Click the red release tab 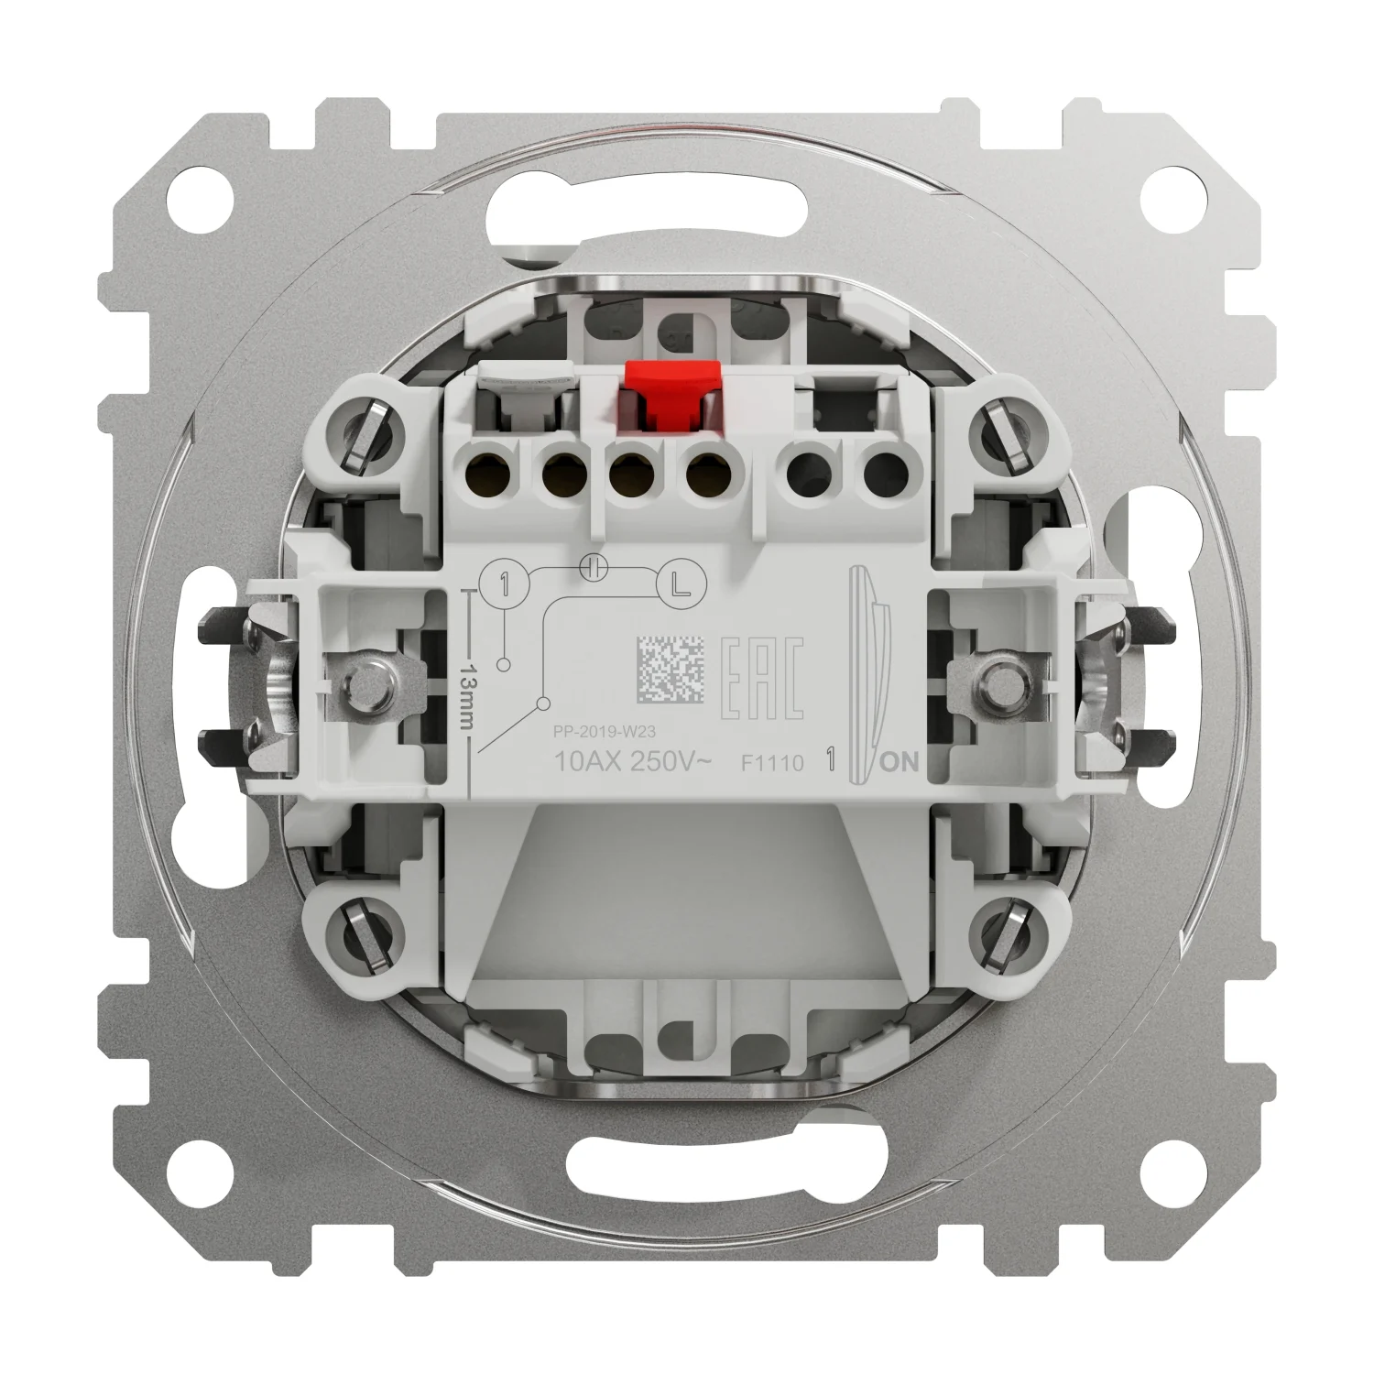[x=668, y=388]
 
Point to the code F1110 [x=772, y=762]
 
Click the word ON [x=900, y=762]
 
